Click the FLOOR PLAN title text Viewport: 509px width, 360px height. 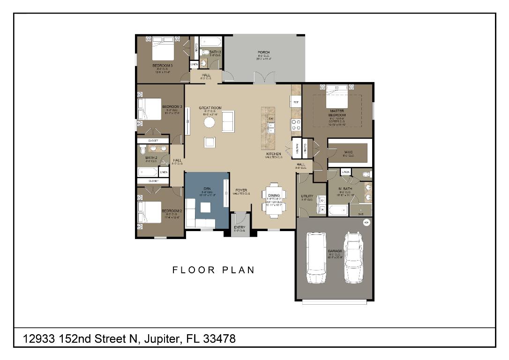[213, 270]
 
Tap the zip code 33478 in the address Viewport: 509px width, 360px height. [219, 338]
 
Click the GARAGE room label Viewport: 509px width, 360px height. [335, 251]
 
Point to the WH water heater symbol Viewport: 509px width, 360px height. [367, 222]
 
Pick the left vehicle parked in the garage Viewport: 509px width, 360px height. [317, 258]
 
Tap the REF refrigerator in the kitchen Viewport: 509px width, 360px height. [296, 102]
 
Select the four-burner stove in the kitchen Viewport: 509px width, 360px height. [296, 125]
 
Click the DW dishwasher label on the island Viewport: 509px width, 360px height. [271, 119]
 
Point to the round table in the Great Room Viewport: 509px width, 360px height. [210, 122]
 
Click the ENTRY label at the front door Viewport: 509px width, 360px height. [240, 227]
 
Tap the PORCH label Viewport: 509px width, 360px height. [263, 52]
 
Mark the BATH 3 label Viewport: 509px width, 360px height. [215, 52]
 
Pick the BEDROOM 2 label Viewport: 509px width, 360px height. [172, 211]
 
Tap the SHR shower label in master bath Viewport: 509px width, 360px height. [360, 214]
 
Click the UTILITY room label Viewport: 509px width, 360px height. [307, 196]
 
